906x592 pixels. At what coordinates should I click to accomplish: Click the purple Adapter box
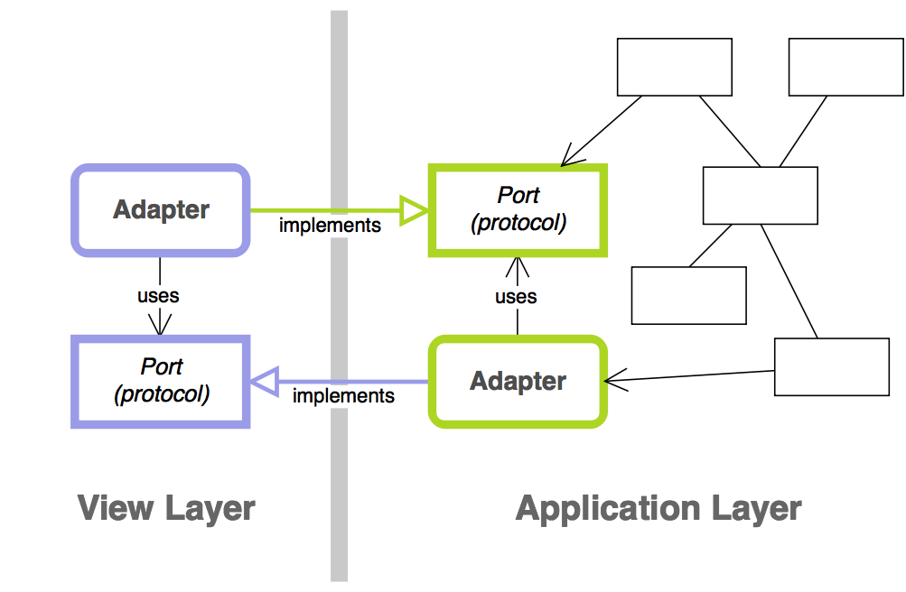pos(161,209)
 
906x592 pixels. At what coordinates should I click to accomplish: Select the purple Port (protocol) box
pos(161,381)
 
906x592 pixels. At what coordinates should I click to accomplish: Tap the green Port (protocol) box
pos(518,209)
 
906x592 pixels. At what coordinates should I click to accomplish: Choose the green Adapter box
pos(518,381)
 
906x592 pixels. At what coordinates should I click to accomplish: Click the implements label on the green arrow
pos(330,226)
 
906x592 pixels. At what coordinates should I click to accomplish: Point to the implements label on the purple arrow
pos(343,396)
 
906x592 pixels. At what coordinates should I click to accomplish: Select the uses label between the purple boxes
pos(158,295)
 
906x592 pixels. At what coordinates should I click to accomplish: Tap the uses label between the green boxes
pos(516,296)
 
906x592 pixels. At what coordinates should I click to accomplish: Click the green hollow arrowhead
pos(415,211)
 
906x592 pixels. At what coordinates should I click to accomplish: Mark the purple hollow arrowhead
pos(263,383)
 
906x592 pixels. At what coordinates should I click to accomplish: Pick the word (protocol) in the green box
pos(518,223)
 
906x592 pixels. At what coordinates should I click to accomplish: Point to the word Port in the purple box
pos(162,366)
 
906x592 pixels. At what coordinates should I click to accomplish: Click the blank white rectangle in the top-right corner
pos(845,67)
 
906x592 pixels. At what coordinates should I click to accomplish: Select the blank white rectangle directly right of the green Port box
pos(760,195)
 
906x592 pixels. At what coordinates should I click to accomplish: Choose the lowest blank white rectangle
pos(831,366)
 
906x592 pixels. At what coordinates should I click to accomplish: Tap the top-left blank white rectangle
pos(674,67)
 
